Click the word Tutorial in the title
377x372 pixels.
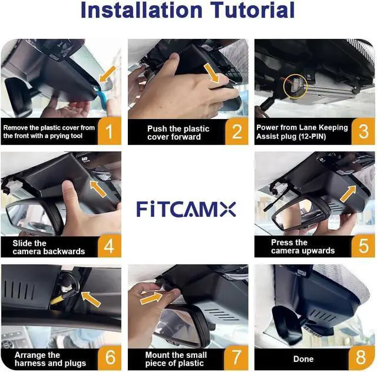(x=252, y=10)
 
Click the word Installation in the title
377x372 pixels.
(x=141, y=10)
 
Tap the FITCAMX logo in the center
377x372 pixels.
(x=186, y=209)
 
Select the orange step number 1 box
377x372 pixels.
(x=110, y=131)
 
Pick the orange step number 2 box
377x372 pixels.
(x=237, y=131)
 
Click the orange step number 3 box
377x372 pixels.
(x=363, y=131)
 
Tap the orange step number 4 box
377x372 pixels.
(x=110, y=246)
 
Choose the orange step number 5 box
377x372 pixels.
(x=363, y=246)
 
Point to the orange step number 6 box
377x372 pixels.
(x=110, y=358)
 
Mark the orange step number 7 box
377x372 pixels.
(x=236, y=358)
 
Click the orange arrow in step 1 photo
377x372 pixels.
(x=107, y=74)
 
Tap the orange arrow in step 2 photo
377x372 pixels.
(x=211, y=73)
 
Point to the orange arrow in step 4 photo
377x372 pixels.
(x=98, y=189)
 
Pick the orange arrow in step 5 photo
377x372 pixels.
(x=348, y=194)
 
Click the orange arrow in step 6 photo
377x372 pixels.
(x=91, y=299)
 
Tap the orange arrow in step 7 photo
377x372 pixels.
(x=151, y=298)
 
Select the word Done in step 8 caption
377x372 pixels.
(x=303, y=359)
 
